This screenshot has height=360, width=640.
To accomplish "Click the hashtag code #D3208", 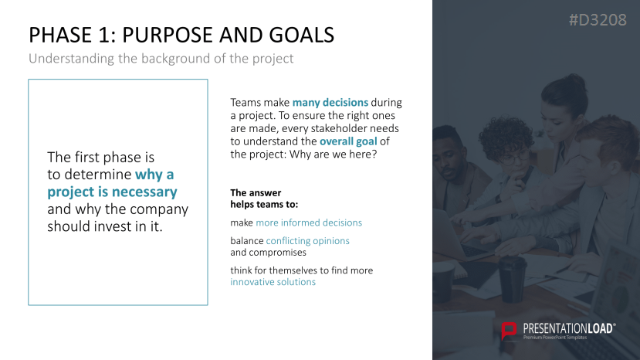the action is tap(598, 19).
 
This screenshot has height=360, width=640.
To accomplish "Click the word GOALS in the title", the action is tap(302, 35).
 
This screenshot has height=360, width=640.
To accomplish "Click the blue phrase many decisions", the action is tap(330, 102).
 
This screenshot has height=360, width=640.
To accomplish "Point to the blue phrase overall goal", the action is tap(348, 141).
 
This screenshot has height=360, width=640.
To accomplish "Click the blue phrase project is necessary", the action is tap(112, 192).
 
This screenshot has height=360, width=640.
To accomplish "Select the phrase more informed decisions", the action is tap(309, 222).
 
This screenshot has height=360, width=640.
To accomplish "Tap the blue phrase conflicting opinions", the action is tap(308, 241).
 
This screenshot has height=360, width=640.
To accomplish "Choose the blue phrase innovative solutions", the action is tap(273, 282).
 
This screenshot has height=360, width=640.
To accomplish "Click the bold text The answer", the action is tap(256, 193).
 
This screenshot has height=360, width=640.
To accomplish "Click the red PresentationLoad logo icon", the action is tap(509, 331).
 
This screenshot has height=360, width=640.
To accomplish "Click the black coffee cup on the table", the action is tap(512, 279).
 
